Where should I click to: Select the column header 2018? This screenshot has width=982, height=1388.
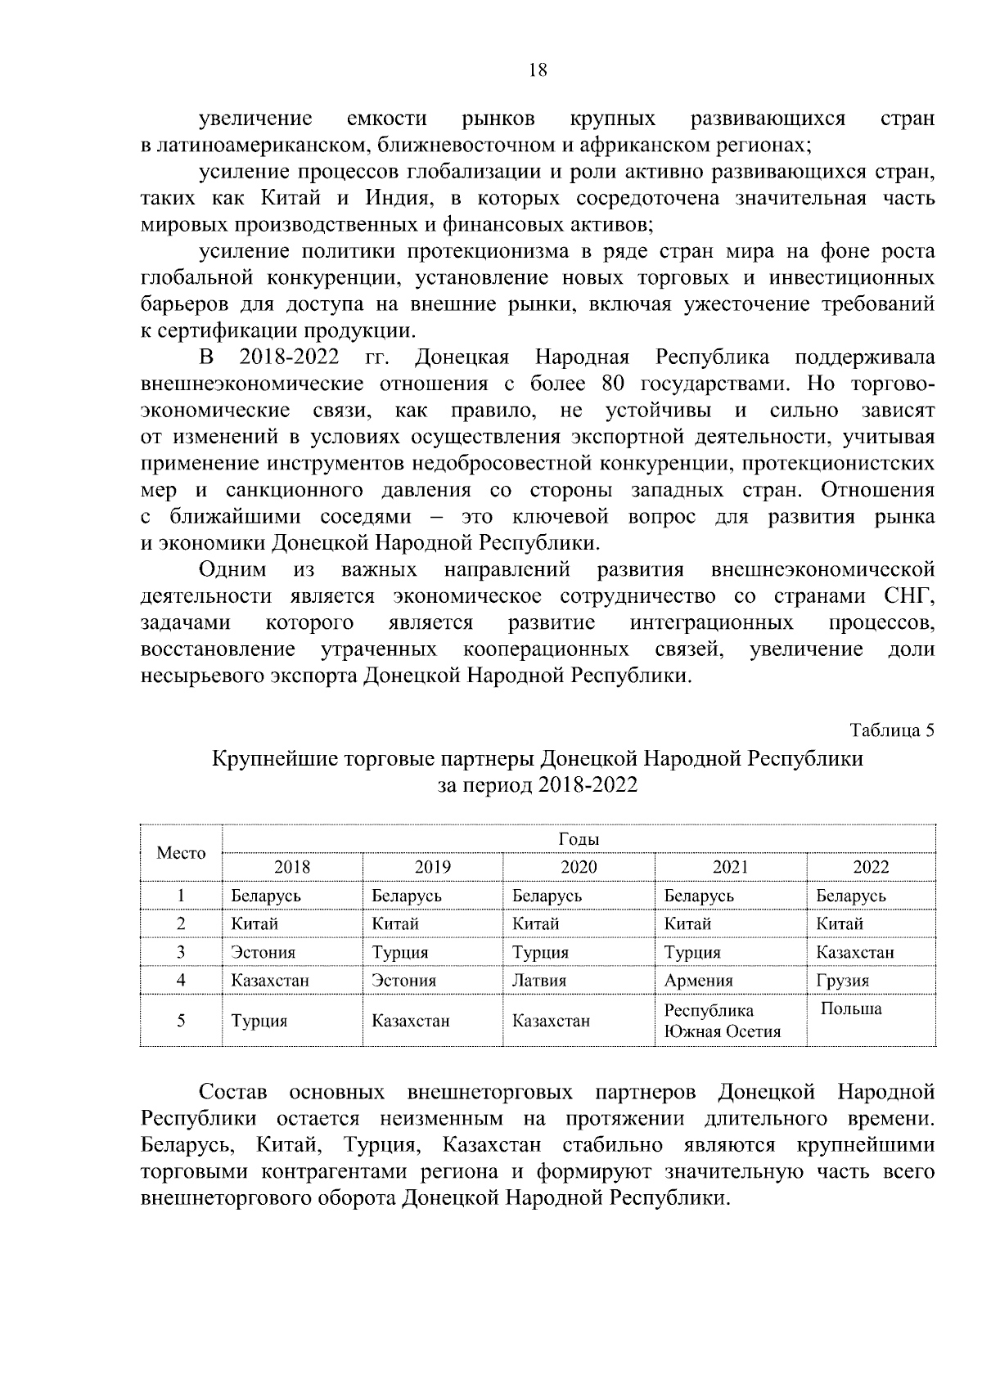291,867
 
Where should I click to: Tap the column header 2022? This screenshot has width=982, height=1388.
871,867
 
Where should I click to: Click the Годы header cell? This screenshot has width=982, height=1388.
579,839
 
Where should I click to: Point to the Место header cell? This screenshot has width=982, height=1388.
181,853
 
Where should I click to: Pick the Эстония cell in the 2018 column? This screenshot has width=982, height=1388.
263,952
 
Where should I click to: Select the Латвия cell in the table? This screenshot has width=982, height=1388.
539,980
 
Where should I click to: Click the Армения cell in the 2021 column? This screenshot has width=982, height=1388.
698,980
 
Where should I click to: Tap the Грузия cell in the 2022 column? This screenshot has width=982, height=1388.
842,980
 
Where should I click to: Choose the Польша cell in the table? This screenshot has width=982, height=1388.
851,1008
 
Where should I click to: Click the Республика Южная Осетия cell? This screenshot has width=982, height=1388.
722,1020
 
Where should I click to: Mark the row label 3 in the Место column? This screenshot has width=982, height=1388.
181,952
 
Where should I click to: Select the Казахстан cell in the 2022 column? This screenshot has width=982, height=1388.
854,952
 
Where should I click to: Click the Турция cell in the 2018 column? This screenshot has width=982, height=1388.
259,1021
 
